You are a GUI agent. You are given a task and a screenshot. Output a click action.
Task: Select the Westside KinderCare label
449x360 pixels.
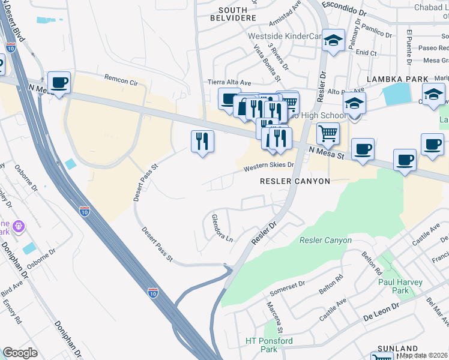286,36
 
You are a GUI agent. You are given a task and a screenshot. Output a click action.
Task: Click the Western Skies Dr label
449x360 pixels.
269,167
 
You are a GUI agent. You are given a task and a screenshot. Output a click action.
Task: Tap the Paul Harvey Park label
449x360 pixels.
401,286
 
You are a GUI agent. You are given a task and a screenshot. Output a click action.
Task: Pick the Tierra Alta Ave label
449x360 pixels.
229,82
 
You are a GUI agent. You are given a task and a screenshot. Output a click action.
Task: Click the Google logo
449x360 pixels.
20,353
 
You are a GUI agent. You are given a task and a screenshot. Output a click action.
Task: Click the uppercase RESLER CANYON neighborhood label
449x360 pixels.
295,181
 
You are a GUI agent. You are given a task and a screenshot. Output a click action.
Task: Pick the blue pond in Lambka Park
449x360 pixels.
396,94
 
